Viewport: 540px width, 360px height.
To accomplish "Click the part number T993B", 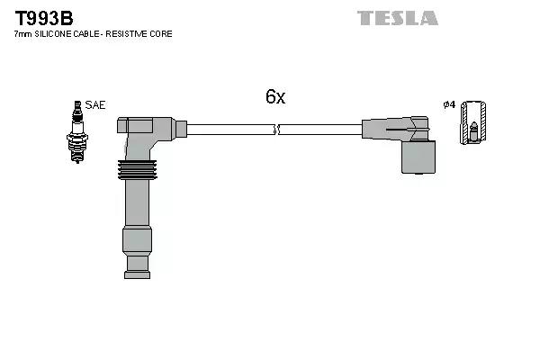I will [x=43, y=17].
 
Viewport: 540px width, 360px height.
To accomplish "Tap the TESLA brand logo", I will [x=397, y=18].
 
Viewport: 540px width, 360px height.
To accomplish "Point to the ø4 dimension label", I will [x=449, y=105].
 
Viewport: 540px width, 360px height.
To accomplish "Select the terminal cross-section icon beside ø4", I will [x=472, y=123].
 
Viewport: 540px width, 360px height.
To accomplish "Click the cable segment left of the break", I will [x=229, y=130].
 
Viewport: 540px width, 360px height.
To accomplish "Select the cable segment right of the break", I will [x=319, y=130].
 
